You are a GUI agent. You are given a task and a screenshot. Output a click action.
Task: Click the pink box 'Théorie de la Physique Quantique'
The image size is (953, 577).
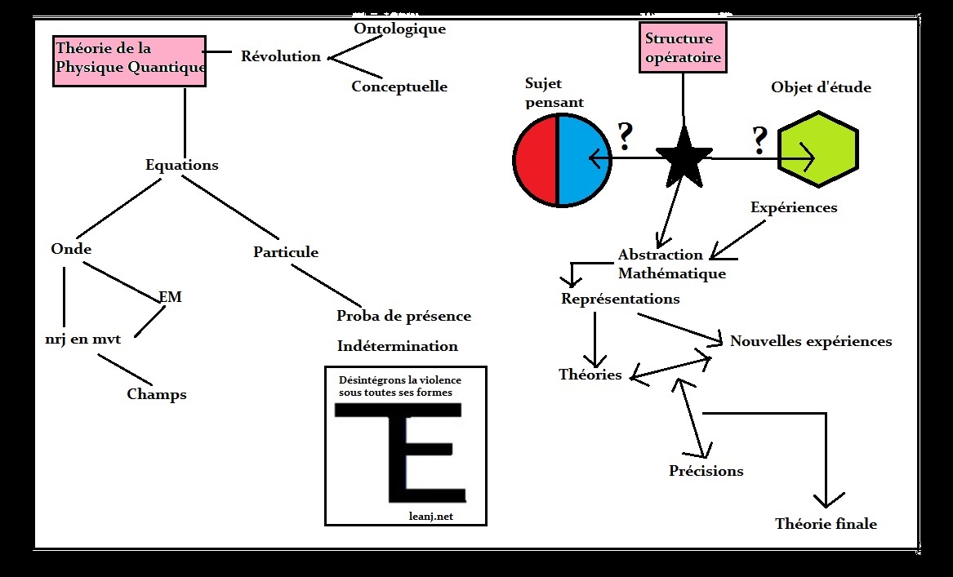coord(129,60)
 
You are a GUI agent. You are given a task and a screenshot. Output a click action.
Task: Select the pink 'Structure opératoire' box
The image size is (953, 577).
coord(683,48)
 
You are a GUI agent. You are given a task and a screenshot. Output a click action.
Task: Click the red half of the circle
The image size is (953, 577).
coord(536,158)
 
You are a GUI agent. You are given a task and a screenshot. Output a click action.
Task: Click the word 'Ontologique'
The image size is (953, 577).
coord(399,29)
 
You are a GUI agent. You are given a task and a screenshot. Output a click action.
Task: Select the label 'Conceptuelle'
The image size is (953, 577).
coord(399,87)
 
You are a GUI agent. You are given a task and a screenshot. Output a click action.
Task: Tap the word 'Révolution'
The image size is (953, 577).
coord(281,56)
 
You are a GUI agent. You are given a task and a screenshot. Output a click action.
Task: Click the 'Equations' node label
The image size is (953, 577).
coord(182,165)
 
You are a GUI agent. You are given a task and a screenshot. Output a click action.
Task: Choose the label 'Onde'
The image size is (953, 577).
coord(71,249)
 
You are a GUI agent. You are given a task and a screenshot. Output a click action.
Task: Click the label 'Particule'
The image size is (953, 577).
coord(286,252)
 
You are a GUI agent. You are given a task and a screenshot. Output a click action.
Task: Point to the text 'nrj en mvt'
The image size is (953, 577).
coord(83,338)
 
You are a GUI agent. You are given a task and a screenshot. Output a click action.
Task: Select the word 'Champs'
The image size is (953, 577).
coord(157,394)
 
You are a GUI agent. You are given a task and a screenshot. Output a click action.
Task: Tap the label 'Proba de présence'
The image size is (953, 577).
coord(403,316)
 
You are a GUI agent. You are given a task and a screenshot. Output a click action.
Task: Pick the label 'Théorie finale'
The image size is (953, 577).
coord(826,524)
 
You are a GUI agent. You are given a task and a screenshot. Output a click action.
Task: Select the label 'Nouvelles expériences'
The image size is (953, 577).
coord(810,341)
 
